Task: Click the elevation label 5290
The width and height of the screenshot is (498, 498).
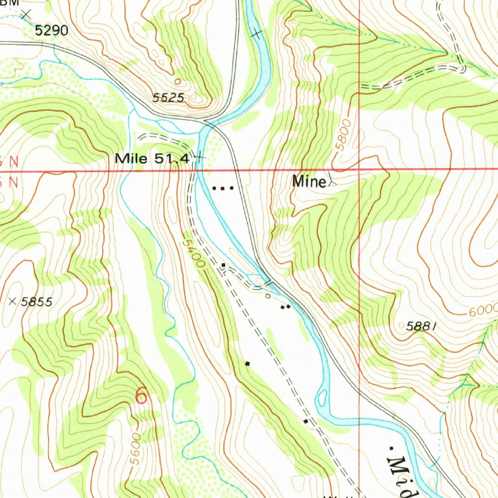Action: (52, 31)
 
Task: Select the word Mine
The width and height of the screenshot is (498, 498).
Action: (309, 182)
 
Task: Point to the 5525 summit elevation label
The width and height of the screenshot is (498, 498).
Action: (168, 98)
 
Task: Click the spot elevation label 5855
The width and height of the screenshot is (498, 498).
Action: (36, 302)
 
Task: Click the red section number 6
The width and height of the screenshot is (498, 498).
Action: (141, 395)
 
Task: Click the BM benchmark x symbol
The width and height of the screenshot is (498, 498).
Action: (26, 15)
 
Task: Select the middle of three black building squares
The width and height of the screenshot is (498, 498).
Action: (223, 188)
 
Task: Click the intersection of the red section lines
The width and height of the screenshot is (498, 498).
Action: (359, 170)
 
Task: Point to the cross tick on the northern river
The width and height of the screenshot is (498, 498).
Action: (256, 34)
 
